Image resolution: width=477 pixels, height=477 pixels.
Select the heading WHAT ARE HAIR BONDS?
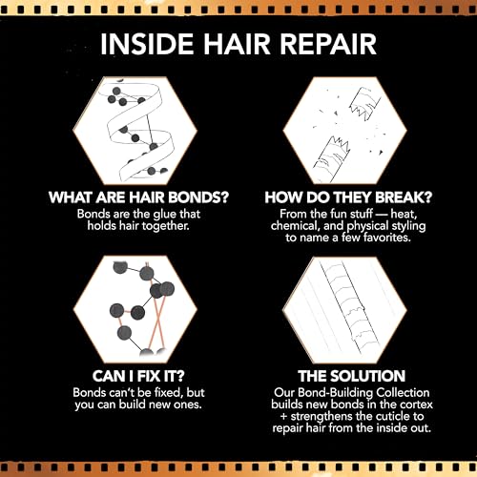coord(138,197)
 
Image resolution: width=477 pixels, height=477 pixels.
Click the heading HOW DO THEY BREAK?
coord(348,197)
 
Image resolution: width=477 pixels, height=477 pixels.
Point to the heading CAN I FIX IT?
coord(138,376)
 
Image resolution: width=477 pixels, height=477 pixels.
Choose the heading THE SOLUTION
coord(351,376)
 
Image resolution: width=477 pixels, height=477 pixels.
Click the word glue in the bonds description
coord(163,215)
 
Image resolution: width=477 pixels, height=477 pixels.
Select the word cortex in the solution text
coord(416,404)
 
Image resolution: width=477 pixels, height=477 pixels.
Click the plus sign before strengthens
coord(284,417)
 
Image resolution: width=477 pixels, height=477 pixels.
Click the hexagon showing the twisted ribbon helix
coord(135,131)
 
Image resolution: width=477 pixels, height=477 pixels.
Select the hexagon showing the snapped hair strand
coord(345,131)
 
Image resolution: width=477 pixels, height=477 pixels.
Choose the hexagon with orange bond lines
coord(135,309)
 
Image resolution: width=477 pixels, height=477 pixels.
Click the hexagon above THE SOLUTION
coord(345,309)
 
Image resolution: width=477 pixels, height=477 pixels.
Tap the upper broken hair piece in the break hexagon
coord(365,103)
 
